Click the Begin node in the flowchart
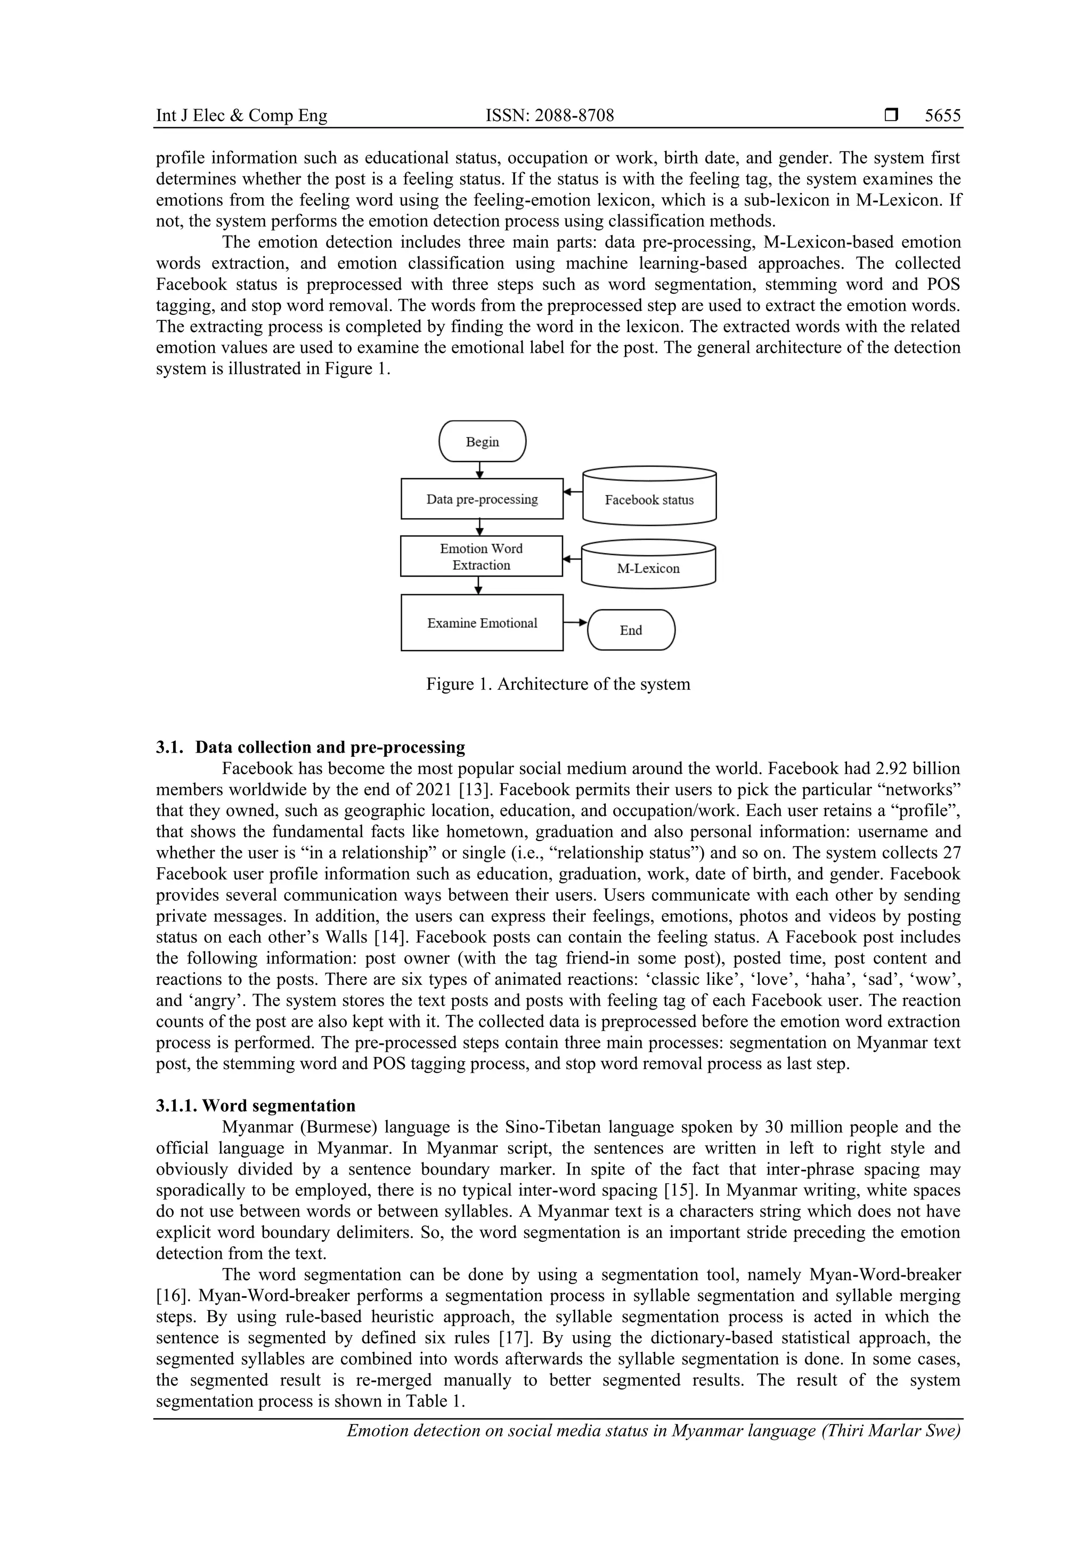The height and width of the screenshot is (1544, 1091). click(x=482, y=441)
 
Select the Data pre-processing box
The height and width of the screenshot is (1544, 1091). click(x=482, y=499)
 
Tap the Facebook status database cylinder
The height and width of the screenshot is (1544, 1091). click(x=649, y=498)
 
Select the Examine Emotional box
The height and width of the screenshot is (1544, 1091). click(x=482, y=623)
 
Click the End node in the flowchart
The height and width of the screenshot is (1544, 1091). click(x=631, y=630)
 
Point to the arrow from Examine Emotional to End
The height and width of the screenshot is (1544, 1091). click(x=575, y=623)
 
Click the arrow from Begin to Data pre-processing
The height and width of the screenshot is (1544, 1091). click(x=480, y=470)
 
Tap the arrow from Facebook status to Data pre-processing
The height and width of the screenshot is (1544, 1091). click(x=573, y=492)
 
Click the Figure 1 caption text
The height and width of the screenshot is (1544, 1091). click(x=558, y=684)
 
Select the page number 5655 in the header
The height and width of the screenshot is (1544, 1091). click(x=942, y=116)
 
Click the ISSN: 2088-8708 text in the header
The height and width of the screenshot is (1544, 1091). click(x=550, y=116)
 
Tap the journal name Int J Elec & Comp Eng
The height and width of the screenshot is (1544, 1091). click(x=241, y=116)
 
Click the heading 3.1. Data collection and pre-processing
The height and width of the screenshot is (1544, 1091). click(x=311, y=747)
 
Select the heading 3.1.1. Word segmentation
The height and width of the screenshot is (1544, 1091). click(x=256, y=1105)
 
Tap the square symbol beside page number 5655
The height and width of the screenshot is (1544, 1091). click(x=891, y=116)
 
